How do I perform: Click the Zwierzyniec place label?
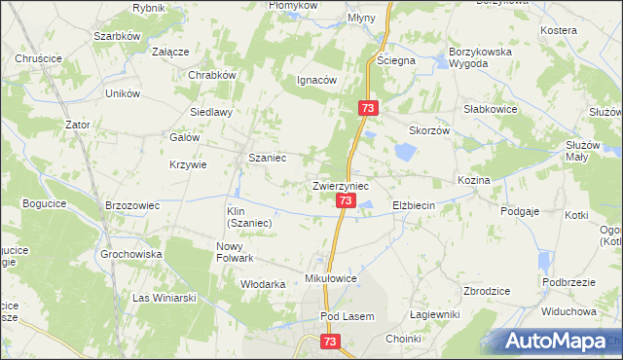(340, 184)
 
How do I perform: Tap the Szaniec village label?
(267, 158)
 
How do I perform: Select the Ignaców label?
(316, 81)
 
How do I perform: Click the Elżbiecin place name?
(419, 205)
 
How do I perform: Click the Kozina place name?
(473, 181)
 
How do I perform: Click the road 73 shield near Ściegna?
(367, 107)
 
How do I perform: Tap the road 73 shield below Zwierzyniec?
(346, 200)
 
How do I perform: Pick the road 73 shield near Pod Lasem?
(330, 342)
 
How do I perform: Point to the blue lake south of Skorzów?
(405, 151)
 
